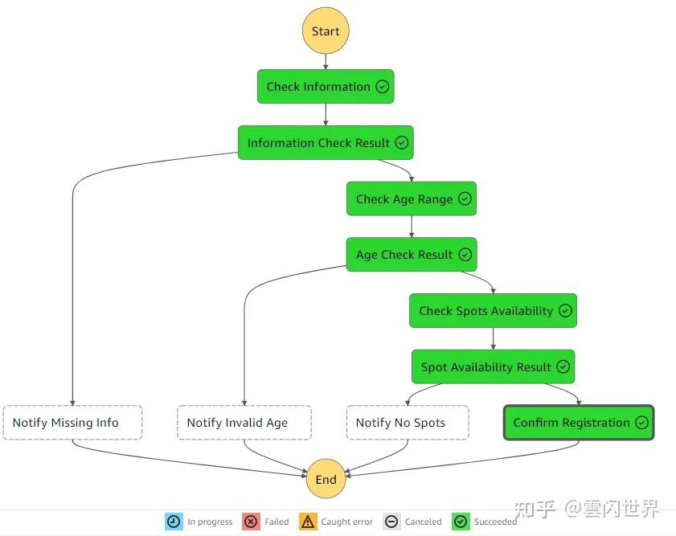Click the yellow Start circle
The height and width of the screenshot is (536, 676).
click(x=326, y=31)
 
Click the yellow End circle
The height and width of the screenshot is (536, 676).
click(x=326, y=480)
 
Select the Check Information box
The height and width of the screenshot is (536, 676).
click(x=325, y=87)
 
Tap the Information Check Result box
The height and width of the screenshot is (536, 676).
click(x=325, y=143)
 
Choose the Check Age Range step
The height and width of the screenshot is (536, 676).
click(x=411, y=199)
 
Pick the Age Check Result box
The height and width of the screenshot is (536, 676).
click(x=411, y=255)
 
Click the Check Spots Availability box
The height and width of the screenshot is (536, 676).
click(x=492, y=311)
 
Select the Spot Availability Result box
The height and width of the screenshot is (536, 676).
click(x=492, y=367)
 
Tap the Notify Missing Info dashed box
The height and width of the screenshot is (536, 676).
click(x=72, y=423)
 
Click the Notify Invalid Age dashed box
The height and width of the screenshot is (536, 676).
click(x=244, y=423)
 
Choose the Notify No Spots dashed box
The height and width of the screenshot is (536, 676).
click(x=408, y=423)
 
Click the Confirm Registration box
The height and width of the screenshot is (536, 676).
click(x=579, y=423)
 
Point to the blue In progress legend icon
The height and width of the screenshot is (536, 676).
click(x=174, y=522)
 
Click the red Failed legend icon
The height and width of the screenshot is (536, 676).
click(x=251, y=522)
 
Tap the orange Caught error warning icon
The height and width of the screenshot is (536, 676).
click(x=308, y=522)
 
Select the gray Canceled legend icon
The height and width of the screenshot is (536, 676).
click(x=391, y=522)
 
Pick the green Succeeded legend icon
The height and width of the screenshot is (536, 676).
click(x=461, y=522)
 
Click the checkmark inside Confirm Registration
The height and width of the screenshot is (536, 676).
click(x=641, y=423)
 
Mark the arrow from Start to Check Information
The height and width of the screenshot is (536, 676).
click(x=326, y=62)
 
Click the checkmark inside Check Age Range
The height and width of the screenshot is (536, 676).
click(x=465, y=199)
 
